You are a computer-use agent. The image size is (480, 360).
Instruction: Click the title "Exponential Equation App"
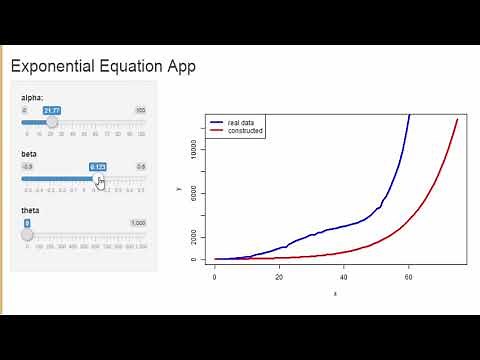pos(102,67)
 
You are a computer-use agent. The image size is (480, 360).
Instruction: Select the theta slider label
pos(29,211)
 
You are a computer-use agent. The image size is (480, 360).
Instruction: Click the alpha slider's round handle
pos(53,122)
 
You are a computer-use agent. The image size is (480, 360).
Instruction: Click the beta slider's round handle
pos(97,179)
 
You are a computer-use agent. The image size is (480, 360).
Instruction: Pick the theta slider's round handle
pos(28,236)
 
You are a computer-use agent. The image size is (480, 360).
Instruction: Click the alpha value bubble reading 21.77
pos(53,109)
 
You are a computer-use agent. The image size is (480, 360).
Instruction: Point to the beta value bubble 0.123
pos(97,166)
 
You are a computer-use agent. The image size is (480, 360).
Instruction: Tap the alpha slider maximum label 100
pos(140,109)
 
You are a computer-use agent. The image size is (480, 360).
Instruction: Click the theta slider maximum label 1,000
pos(138,223)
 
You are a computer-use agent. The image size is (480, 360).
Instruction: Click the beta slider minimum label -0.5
pos(28,166)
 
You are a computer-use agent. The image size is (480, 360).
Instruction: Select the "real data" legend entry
pos(241,122)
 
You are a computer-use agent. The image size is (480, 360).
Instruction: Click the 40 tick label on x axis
pos(343,277)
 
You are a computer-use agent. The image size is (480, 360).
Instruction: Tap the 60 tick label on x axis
pos(407,277)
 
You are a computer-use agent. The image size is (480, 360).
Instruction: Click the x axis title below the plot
pos(334,293)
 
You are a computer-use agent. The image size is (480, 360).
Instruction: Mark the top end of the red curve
pos(457,119)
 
